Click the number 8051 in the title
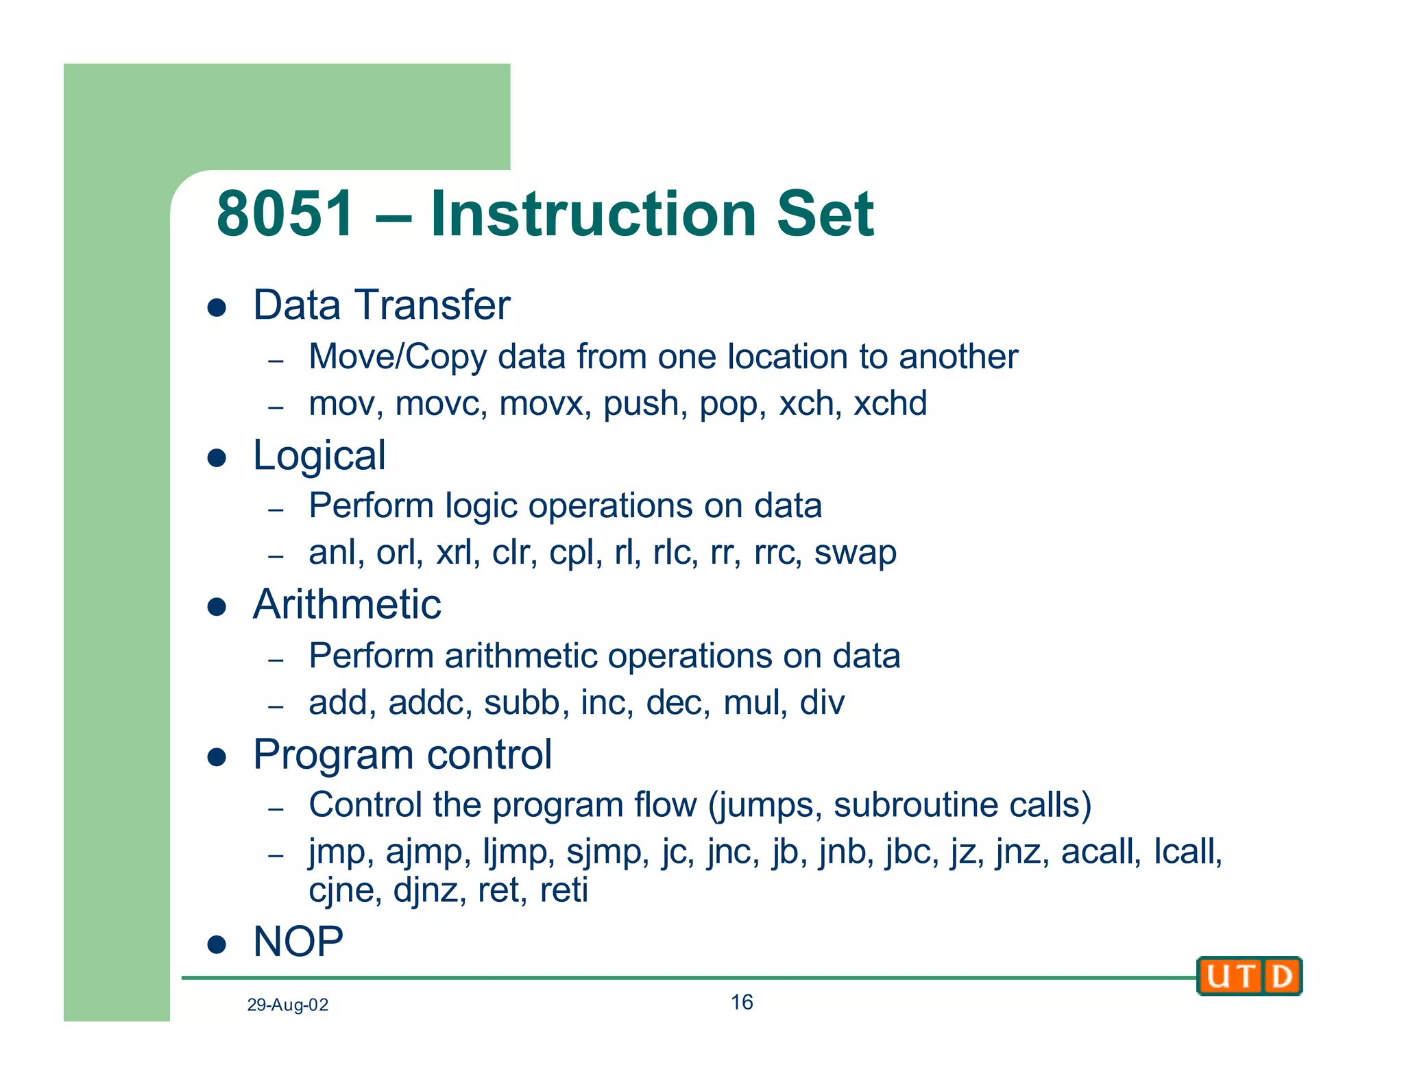285,214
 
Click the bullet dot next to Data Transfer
217,307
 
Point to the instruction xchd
890,403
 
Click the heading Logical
319,455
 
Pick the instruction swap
855,553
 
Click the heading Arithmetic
347,605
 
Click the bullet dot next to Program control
217,756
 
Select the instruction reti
564,891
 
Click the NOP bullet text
298,942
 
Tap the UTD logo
1249,976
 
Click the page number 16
741,1003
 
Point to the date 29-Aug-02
287,1005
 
